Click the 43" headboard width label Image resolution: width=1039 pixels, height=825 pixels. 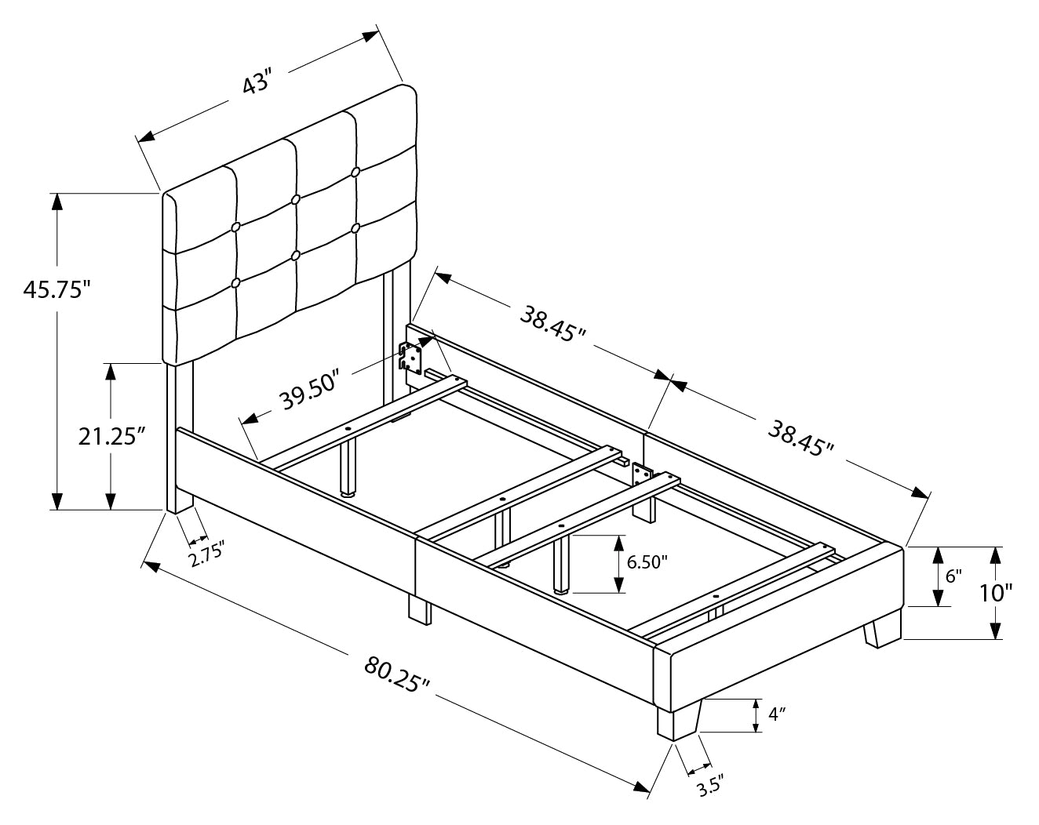coord(257,84)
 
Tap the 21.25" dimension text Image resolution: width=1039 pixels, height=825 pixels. coord(113,437)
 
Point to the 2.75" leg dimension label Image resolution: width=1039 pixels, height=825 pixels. coord(206,556)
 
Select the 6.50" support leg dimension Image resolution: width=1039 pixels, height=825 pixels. coord(647,562)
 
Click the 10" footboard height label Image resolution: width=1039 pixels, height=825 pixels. coord(1018,593)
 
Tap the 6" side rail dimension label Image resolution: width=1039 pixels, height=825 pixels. coord(953,576)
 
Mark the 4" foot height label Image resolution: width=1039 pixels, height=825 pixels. coord(777,715)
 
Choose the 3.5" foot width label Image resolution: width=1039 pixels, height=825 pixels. coord(707,785)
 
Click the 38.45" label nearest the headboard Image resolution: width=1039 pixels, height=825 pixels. coord(552,323)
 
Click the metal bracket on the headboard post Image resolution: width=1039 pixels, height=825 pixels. coord(410,358)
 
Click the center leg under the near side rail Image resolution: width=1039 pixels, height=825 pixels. coord(420,609)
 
